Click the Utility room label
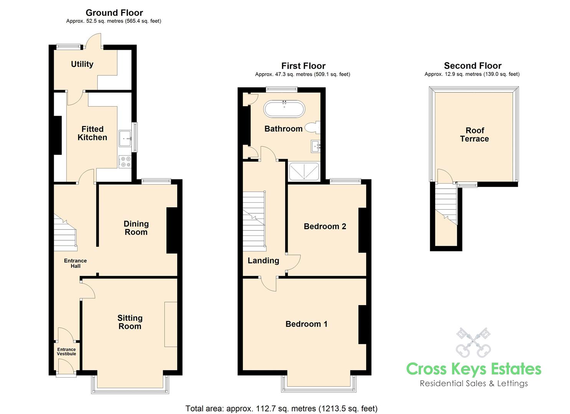(82, 64)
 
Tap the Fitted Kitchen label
(92, 133)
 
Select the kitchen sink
(126, 138)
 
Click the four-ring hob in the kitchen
(125, 162)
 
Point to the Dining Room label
(136, 228)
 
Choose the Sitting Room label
(130, 322)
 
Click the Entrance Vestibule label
(66, 352)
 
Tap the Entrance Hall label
(75, 263)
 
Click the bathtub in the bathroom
(284, 109)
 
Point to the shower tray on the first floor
(304, 171)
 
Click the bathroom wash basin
(316, 146)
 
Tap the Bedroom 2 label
(325, 227)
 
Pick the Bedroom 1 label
(306, 324)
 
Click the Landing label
(263, 261)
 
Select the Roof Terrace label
(474, 135)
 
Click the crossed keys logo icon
(473, 342)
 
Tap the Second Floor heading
(473, 66)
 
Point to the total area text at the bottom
(281, 408)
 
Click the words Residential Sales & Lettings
(474, 383)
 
